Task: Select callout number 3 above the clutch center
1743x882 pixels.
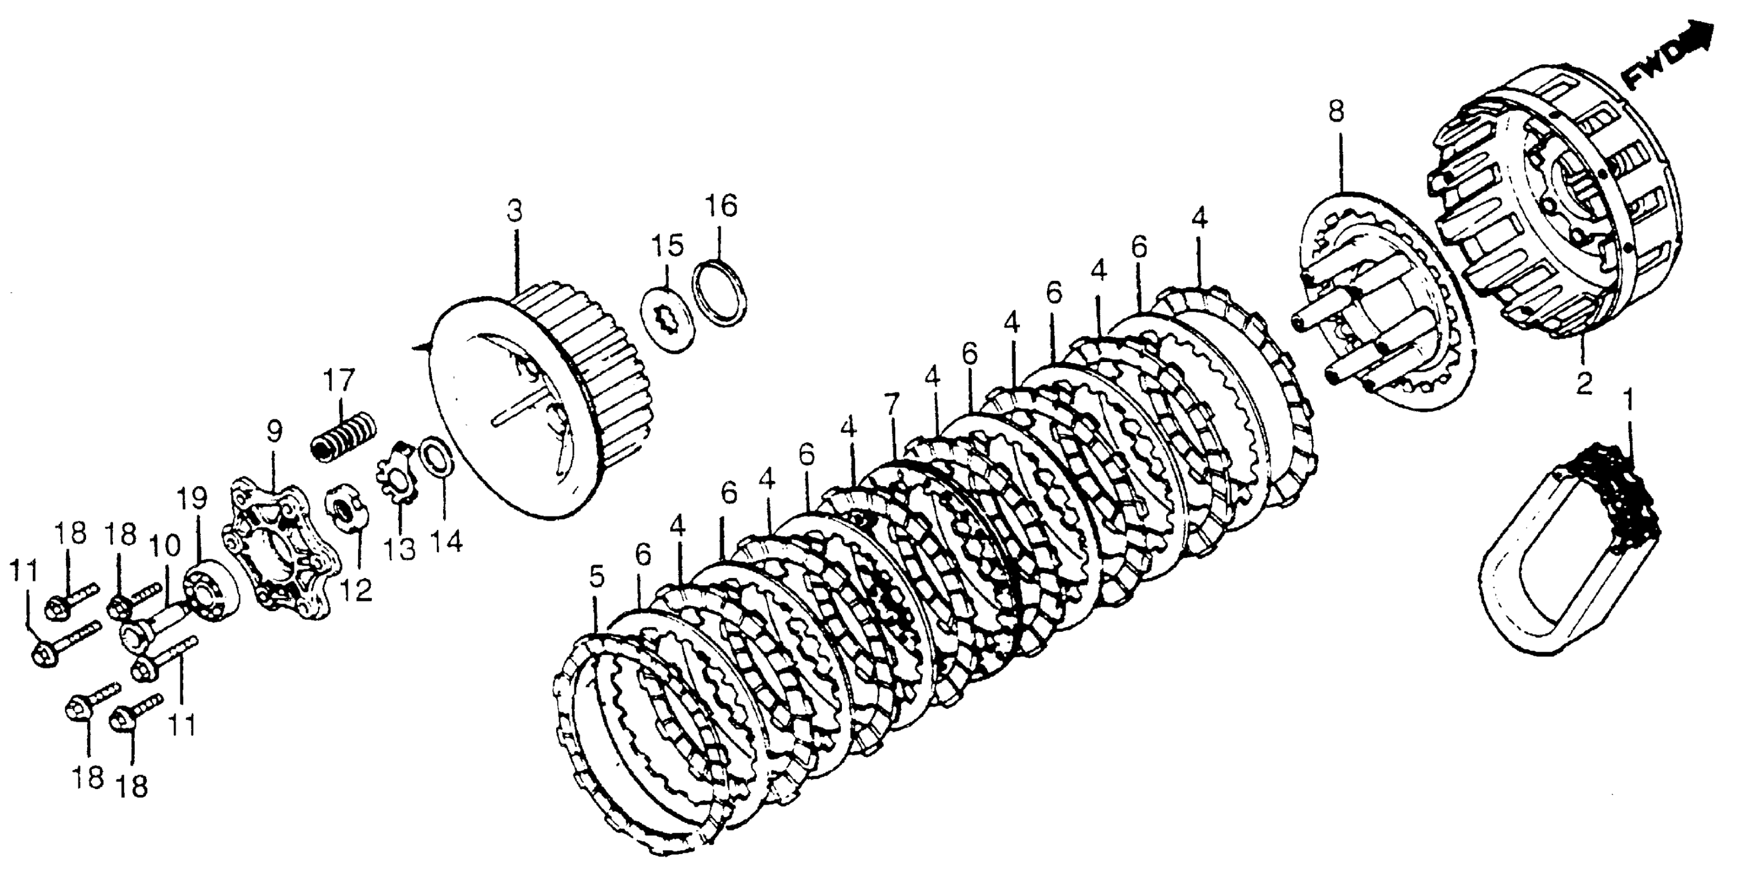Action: pos(515,213)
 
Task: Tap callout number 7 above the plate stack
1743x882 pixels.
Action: pos(892,406)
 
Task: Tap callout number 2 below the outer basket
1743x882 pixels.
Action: pos(1585,384)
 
